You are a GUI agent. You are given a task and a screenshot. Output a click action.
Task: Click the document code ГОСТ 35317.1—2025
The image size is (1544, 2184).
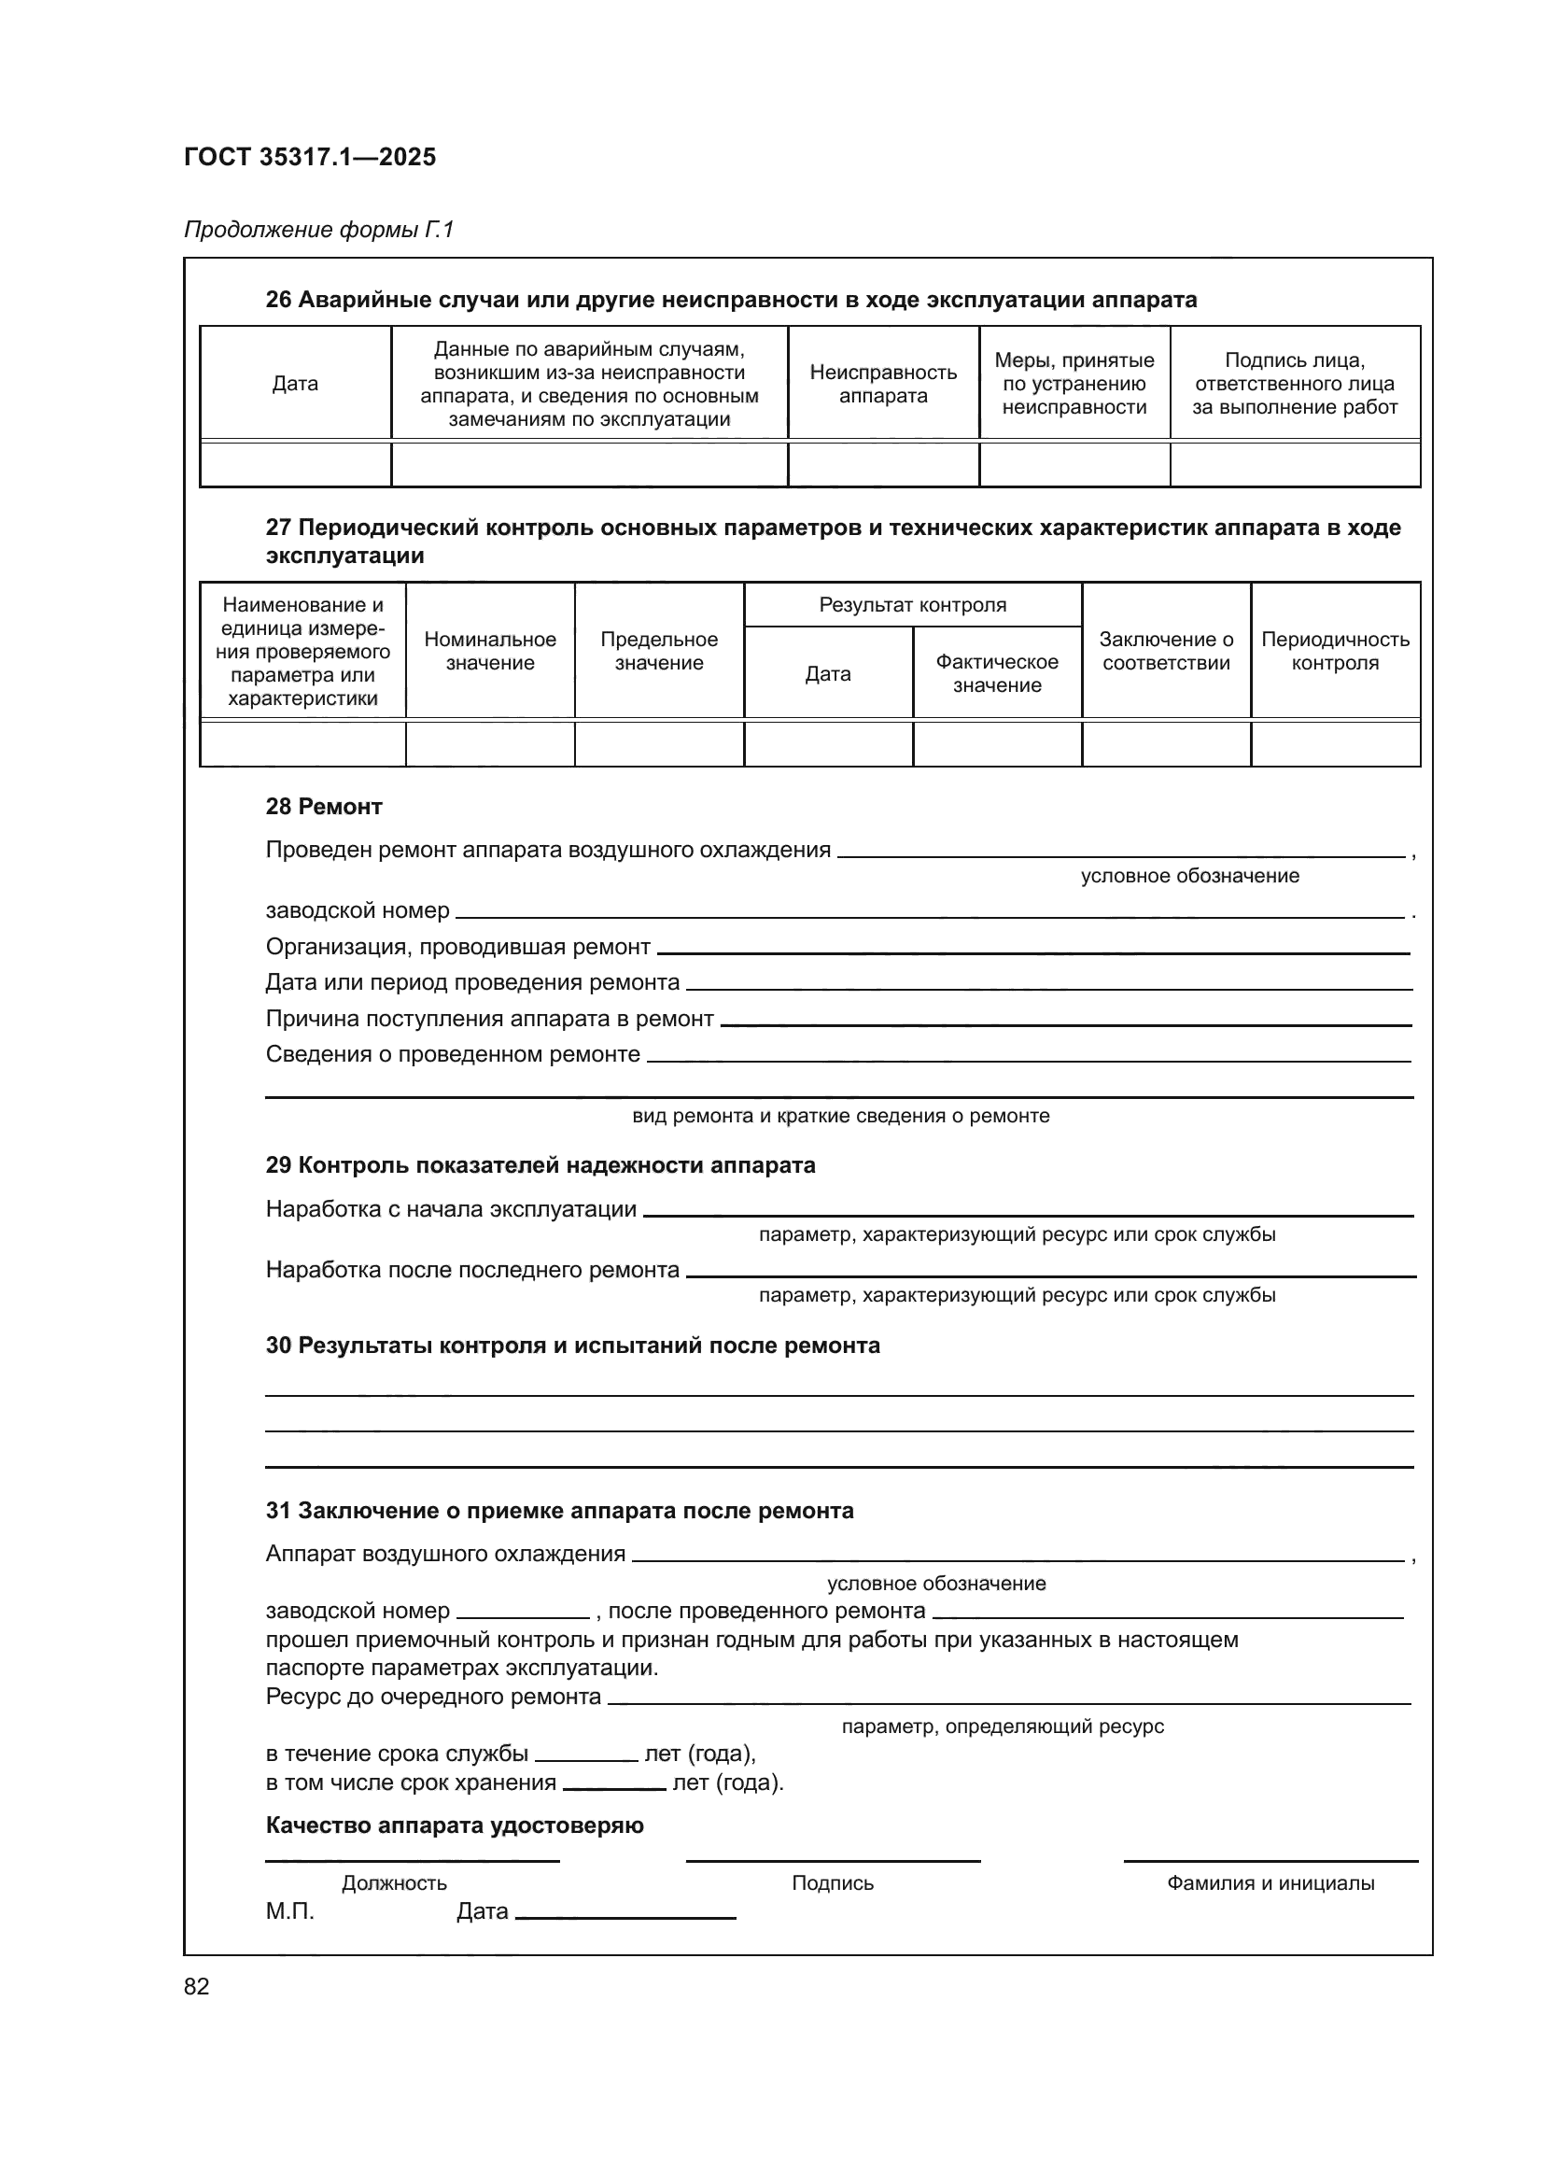(310, 157)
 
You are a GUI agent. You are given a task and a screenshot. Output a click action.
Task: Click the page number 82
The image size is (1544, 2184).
(197, 1986)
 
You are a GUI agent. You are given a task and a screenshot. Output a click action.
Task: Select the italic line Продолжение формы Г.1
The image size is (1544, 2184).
(318, 230)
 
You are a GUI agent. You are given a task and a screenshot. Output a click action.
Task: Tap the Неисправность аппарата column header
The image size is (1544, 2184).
(883, 384)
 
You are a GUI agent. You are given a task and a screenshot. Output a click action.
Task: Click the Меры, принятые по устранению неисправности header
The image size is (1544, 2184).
(1074, 384)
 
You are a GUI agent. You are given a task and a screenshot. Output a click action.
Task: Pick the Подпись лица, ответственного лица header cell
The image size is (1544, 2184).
(1295, 384)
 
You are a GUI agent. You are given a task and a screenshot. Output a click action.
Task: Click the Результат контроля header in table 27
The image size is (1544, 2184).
(913, 605)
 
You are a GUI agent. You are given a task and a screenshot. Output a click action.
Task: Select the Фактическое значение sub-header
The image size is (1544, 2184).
(996, 672)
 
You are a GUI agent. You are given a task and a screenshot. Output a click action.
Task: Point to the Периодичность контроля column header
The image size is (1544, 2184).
(1335, 651)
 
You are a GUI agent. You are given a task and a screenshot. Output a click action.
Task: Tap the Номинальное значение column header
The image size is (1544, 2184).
(490, 651)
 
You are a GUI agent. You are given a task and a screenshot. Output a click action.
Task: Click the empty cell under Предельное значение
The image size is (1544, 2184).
(659, 744)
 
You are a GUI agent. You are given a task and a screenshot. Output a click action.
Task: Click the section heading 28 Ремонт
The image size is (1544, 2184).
(323, 807)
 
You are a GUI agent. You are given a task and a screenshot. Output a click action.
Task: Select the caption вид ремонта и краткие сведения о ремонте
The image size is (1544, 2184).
(840, 1116)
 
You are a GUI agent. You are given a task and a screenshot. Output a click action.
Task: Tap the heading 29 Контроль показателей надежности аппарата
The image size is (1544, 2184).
(540, 1165)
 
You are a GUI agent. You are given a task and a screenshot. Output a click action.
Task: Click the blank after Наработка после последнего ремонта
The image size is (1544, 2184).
(1049, 1273)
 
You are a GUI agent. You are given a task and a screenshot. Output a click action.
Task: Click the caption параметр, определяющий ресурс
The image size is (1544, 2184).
(1002, 1726)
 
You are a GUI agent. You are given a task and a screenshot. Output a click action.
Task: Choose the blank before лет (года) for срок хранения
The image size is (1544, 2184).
(613, 1785)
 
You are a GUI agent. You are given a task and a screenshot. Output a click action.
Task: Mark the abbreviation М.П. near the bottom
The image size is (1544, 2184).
(289, 1911)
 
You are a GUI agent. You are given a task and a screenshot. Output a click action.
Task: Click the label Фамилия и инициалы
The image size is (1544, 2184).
(1270, 1882)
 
